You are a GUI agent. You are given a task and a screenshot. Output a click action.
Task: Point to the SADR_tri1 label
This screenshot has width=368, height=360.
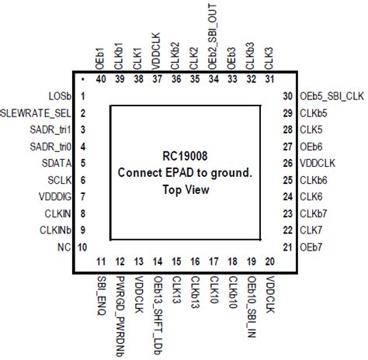pos(45,129)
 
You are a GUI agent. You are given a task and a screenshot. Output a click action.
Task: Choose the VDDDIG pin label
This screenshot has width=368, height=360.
pos(51,197)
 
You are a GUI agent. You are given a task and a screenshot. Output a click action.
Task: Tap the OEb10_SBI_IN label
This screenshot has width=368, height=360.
pos(251,305)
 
